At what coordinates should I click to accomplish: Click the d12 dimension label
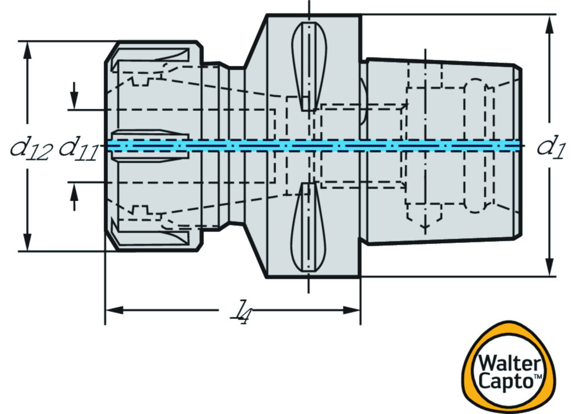click(32, 148)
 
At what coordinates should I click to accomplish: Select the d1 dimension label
click(550, 147)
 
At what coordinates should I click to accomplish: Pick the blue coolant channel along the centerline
click(313, 145)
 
